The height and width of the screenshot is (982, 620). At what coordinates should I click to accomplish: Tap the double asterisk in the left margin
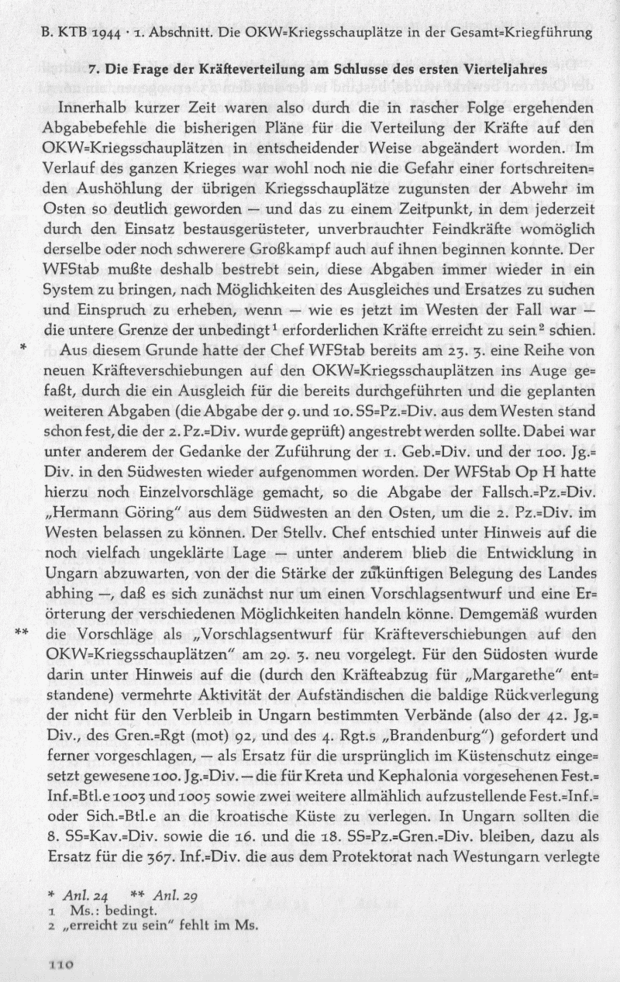22,632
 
